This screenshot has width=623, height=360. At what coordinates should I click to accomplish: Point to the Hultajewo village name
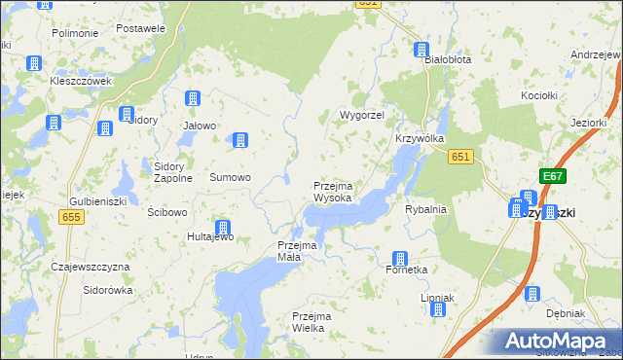coord(210,236)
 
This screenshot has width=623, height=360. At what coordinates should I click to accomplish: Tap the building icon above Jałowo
coord(193,99)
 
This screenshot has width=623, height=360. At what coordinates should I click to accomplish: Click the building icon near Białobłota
coord(421,50)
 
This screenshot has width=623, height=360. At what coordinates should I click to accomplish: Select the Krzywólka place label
coord(420,139)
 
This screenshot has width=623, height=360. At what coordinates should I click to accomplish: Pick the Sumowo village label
coord(231,178)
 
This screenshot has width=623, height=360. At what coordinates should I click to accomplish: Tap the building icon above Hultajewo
coord(222,228)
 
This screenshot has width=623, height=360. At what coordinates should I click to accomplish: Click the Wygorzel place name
coord(361,115)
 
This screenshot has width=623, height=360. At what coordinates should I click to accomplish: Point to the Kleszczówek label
coord(81,81)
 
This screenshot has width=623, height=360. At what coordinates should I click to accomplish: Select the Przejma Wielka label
coord(312,322)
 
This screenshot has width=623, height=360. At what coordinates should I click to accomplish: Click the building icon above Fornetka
coord(398,259)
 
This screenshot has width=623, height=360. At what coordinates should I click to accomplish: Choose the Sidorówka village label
coord(107,290)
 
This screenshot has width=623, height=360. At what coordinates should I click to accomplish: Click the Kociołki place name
coord(538,95)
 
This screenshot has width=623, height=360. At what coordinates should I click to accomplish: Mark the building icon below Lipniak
coord(437,309)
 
